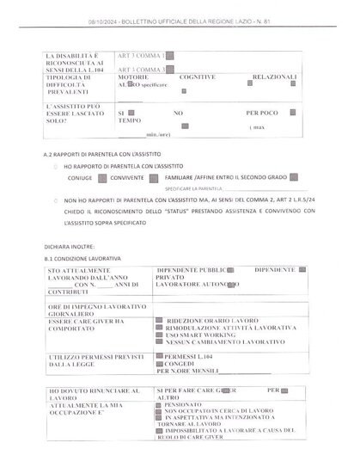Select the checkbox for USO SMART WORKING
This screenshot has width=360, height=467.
point(159,335)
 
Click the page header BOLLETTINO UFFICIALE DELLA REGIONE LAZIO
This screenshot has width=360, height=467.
point(180,20)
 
